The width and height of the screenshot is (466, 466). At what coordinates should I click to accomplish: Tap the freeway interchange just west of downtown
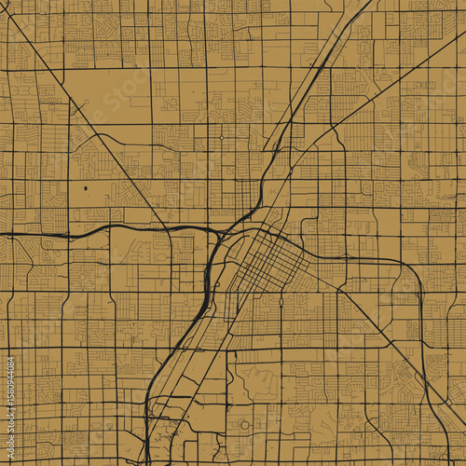[220, 232]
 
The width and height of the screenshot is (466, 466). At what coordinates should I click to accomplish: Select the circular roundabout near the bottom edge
[245, 425]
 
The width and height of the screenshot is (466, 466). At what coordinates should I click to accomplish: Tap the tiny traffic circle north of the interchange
[222, 138]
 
